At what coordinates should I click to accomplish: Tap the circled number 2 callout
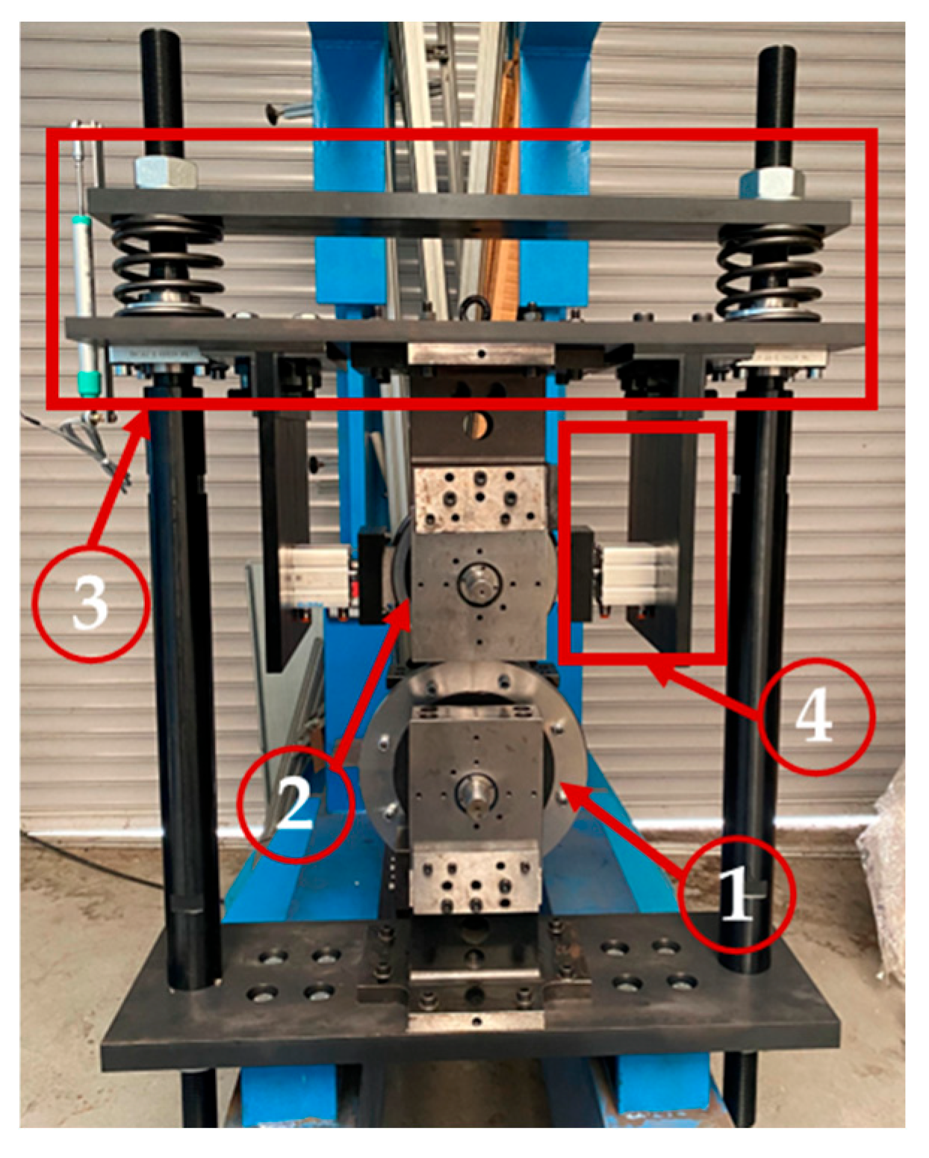[295, 805]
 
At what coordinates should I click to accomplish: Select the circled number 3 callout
[90, 604]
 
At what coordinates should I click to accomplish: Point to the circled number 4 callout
[816, 717]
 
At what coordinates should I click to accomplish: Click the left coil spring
[168, 267]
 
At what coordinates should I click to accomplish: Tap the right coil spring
[771, 272]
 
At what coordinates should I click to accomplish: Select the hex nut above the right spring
[771, 184]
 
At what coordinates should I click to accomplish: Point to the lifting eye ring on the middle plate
[476, 308]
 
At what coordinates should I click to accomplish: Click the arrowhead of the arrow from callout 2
[402, 611]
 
